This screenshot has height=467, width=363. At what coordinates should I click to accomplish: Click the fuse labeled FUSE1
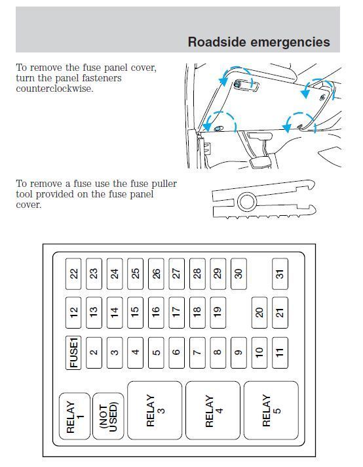[x=74, y=352]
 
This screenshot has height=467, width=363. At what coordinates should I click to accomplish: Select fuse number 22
[x=74, y=274]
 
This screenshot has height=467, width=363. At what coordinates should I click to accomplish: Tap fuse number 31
[x=280, y=274]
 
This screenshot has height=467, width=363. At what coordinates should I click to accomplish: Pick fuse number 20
[x=259, y=313]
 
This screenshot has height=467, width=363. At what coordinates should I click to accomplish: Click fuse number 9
[x=239, y=352]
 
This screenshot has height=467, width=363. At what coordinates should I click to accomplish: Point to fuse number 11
[x=280, y=352]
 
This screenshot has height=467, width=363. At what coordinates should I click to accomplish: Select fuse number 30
[x=239, y=274]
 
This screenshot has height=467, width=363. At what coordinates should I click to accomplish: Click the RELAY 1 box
[x=74, y=416]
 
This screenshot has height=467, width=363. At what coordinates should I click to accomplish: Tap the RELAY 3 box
[x=155, y=410]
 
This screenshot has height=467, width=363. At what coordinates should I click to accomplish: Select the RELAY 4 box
[x=213, y=410]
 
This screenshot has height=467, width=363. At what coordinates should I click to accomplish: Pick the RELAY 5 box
[x=271, y=410]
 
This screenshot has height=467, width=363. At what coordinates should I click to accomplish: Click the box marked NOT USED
[x=108, y=416]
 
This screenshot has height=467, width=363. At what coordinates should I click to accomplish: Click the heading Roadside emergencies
[x=258, y=42]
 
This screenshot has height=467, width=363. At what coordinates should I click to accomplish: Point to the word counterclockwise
[x=54, y=89]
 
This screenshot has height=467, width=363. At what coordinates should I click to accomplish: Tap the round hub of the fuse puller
[x=246, y=201]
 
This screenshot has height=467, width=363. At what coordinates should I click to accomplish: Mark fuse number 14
[x=115, y=313]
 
